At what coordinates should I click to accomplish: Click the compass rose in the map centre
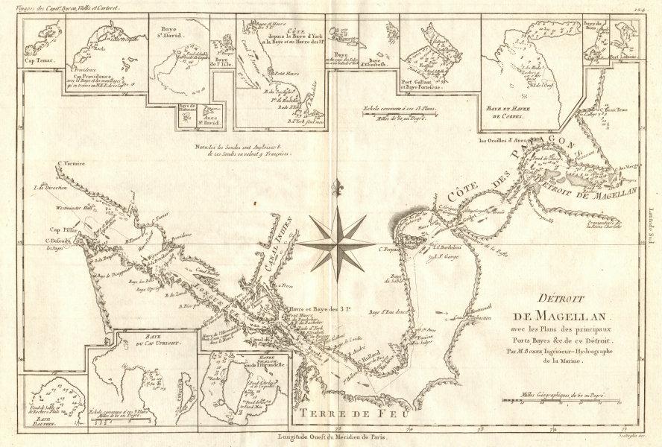click(x=337, y=243)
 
